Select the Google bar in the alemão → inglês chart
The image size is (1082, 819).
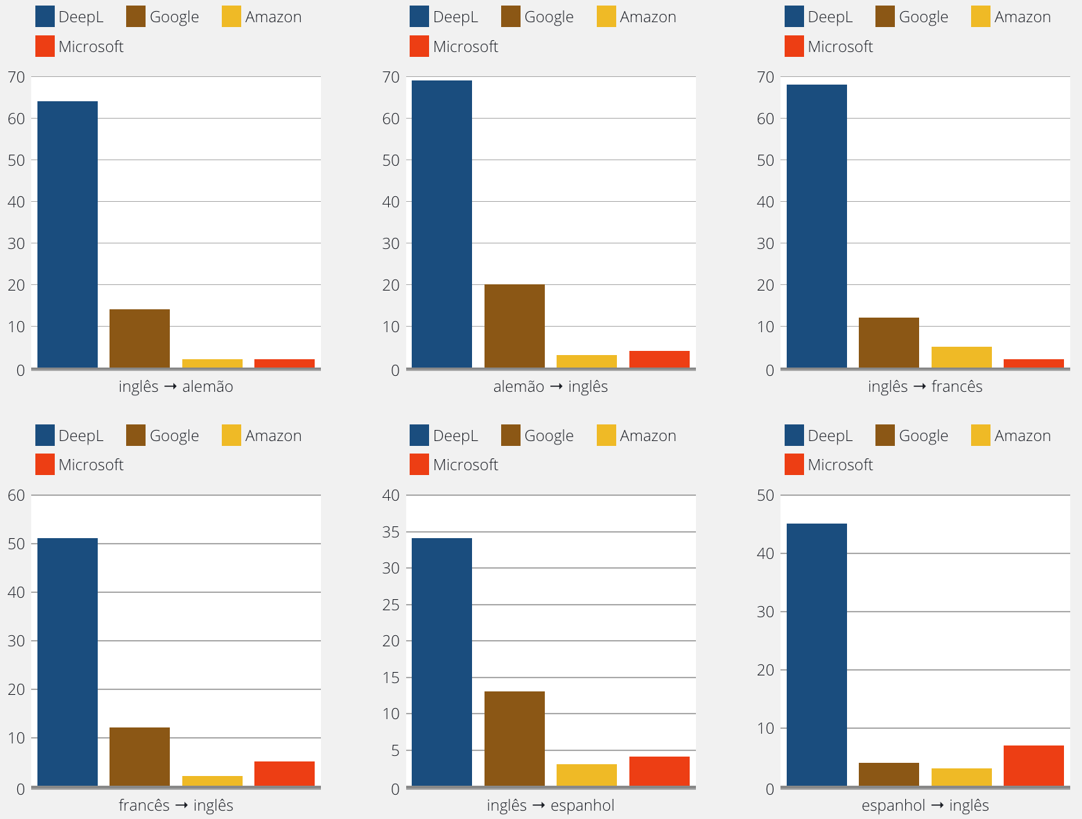(514, 326)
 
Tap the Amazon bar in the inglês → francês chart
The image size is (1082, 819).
(961, 357)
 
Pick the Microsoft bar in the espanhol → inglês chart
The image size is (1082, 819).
(1033, 766)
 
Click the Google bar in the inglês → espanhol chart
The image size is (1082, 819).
(514, 739)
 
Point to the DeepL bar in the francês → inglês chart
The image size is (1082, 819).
(67, 662)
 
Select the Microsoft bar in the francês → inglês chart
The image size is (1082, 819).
(284, 774)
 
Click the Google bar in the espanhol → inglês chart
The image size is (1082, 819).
(889, 775)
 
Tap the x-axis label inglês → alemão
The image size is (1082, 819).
(176, 387)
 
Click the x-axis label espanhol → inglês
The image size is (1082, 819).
(925, 805)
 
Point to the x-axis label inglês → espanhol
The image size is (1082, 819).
(550, 805)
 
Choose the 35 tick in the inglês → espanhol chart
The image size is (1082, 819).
(391, 532)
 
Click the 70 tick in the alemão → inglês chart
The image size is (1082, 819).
(391, 77)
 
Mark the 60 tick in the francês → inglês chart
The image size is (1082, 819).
(17, 495)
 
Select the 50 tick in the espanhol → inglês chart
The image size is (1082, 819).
(766, 495)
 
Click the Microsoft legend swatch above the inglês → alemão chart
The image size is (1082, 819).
(45, 46)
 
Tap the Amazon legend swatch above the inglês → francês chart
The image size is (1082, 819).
(981, 17)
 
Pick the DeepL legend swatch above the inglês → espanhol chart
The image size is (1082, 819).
(419, 436)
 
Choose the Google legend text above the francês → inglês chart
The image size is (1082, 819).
(174, 436)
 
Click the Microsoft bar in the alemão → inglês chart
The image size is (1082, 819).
(659, 359)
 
